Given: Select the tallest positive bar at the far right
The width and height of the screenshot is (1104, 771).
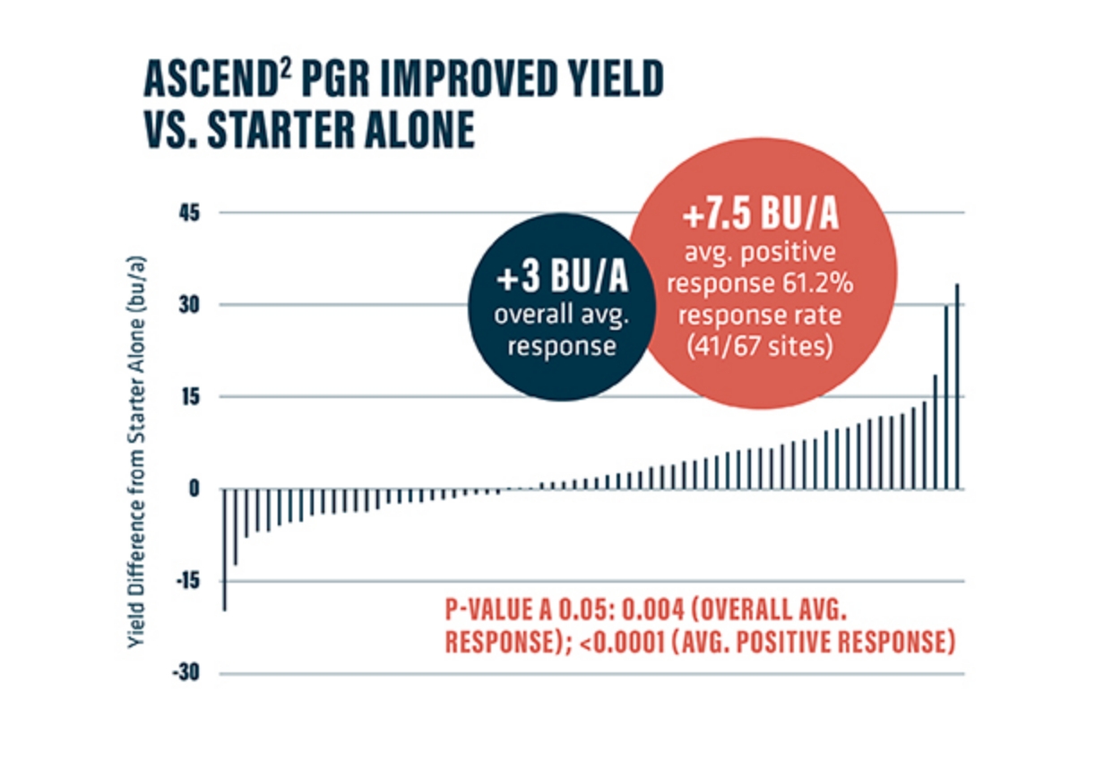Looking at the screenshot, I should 957,386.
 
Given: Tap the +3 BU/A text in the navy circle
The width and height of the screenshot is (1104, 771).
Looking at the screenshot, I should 562,280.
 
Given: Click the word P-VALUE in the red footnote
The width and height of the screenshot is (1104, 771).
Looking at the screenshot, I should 487,611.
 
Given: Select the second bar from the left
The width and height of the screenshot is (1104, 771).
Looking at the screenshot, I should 235,527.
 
